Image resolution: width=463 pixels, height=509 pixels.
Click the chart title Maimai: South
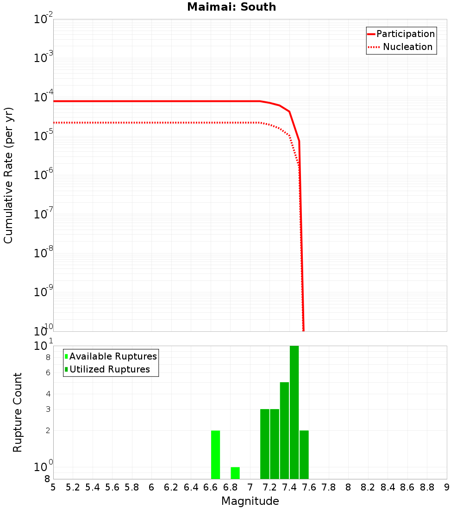[x=231, y=7]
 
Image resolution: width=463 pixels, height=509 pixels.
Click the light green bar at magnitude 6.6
[x=215, y=454]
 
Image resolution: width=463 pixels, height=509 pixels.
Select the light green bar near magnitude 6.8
[x=235, y=473]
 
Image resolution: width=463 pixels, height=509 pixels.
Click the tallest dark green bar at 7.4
[x=294, y=412]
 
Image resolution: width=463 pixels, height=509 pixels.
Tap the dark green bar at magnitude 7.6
[x=304, y=454]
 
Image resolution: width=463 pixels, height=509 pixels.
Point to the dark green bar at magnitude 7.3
[x=284, y=430]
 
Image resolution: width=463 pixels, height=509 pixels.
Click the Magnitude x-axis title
[x=250, y=501]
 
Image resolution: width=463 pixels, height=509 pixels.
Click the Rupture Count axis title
[x=18, y=412]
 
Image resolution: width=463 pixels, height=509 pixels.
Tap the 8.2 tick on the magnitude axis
[x=368, y=487]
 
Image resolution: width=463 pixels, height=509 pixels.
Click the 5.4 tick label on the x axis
[x=93, y=487]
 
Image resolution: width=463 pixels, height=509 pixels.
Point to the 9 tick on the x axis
[x=446, y=487]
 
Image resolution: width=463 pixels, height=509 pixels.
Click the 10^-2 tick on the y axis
[x=44, y=19]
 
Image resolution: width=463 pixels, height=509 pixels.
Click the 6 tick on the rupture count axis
[x=48, y=372]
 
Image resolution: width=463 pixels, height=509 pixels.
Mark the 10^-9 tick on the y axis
[x=44, y=292]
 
